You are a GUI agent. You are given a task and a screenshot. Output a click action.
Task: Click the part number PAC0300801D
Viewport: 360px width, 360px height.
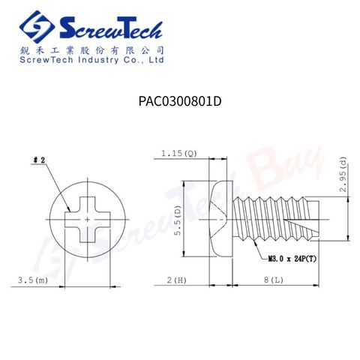tap(180, 101)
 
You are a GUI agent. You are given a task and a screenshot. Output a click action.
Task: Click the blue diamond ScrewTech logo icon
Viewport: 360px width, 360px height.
tap(37, 27)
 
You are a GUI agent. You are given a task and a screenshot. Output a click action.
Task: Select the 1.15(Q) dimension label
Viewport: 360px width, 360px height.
tap(179, 153)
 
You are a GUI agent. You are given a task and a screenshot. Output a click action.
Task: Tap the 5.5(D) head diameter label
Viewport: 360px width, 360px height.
tap(178, 220)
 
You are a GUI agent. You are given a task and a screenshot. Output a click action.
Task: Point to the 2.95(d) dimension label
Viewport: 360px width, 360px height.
tap(343, 174)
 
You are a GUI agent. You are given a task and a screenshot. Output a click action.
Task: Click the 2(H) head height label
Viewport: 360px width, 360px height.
tap(177, 280)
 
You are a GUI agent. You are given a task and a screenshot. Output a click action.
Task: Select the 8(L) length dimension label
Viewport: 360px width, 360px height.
tap(274, 280)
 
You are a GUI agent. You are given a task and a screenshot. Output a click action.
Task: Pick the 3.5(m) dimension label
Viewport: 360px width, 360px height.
tap(33, 280)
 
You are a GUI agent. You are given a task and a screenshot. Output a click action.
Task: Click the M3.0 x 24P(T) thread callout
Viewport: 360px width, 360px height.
tap(292, 259)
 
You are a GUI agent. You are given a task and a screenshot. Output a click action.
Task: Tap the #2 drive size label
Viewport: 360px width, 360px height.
tap(39, 160)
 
